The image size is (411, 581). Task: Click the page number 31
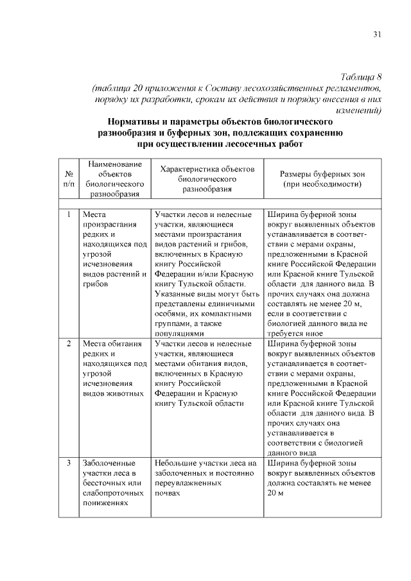(377, 34)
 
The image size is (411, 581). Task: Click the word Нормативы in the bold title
(134, 121)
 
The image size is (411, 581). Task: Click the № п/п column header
(68, 178)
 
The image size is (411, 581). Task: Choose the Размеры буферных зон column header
(322, 173)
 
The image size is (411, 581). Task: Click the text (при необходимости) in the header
(322, 184)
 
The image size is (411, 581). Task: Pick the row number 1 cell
(68, 214)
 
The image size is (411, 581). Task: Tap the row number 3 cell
(68, 462)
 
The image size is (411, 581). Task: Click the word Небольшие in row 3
(175, 462)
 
